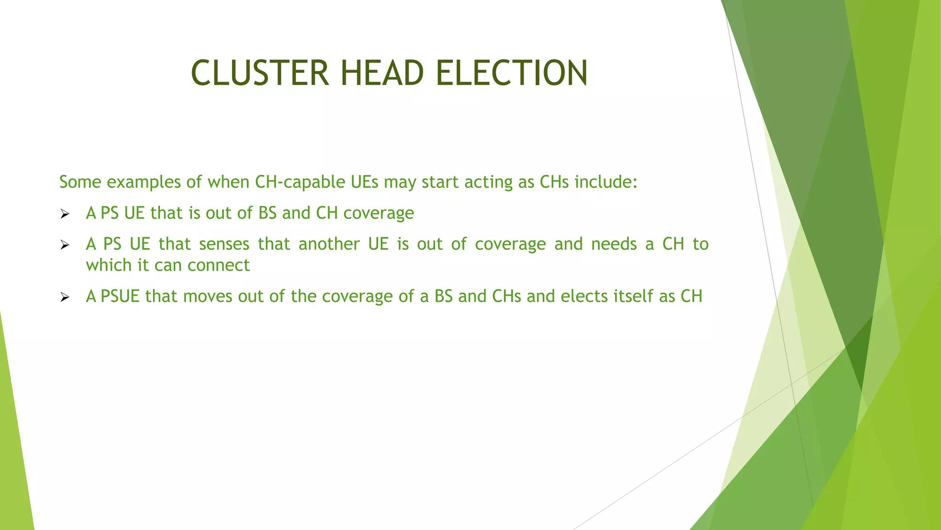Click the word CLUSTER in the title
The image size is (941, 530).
[x=260, y=73]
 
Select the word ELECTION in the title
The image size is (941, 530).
[x=511, y=73]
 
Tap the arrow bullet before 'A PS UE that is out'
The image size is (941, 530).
[x=65, y=214]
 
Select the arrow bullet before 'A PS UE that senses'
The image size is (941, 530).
[x=65, y=245]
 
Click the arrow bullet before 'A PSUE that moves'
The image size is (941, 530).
[x=65, y=297]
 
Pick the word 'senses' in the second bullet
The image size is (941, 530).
[x=224, y=244]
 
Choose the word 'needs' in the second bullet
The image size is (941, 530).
[x=614, y=244]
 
